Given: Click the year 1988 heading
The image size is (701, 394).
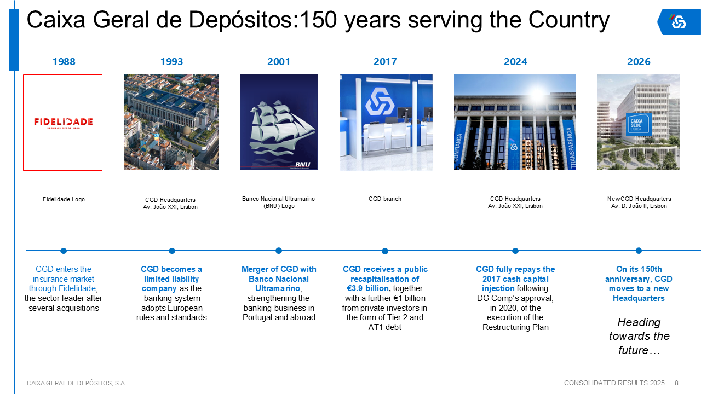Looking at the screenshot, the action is point(64,62).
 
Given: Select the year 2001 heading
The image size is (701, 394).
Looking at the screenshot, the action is point(279,62).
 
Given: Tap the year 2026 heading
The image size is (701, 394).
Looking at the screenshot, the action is point(639,62).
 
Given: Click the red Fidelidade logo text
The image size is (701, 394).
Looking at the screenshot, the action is point(63,122).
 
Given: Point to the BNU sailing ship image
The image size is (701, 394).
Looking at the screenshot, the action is point(279,122).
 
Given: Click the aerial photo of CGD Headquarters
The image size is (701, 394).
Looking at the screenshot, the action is point(171,122).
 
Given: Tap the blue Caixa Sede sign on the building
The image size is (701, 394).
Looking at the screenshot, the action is point(639,124).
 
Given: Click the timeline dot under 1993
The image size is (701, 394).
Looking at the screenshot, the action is point(172,251).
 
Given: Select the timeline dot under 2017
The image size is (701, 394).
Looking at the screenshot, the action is point(385,251).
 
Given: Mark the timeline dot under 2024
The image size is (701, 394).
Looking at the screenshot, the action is point(515,251).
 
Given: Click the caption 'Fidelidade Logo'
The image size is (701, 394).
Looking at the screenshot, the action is point(64,199).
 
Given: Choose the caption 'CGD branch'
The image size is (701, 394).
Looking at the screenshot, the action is point(385,199).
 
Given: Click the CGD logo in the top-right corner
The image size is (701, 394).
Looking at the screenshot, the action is point(678,22).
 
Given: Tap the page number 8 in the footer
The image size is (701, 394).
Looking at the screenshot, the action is point(676,383).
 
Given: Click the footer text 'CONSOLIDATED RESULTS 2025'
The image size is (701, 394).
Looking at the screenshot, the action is point(614,383).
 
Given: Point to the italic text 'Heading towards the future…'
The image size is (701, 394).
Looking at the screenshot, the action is point(639,336).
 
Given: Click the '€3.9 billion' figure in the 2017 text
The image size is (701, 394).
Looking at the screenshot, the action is point(367,288).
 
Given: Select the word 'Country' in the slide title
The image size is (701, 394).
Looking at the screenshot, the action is point(569,20).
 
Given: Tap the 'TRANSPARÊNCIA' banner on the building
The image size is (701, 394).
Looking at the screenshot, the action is point(571,148).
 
